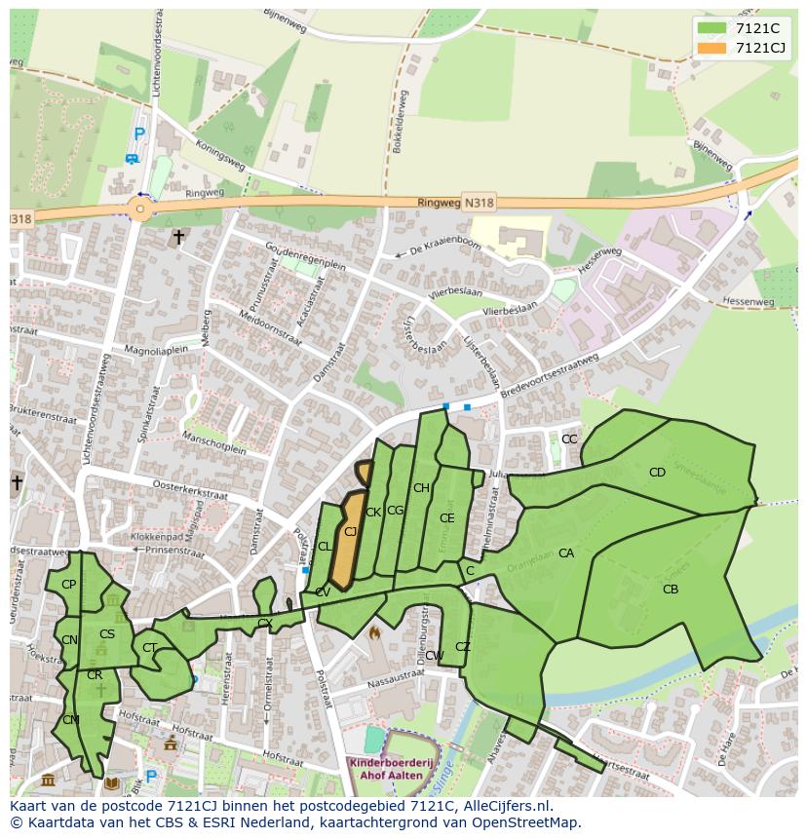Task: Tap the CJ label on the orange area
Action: [350, 532]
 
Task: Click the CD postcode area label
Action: [657, 473]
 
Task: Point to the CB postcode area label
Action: [671, 590]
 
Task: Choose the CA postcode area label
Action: [566, 553]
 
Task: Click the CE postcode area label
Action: [446, 518]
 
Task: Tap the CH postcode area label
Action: [421, 488]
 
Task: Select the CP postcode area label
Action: [68, 585]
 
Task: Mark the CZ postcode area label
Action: [463, 647]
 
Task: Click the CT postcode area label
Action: [149, 648]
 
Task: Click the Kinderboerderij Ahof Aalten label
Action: [391, 768]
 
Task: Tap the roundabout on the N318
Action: [140, 209]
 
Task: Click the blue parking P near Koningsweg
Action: [139, 134]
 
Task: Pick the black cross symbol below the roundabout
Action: [178, 237]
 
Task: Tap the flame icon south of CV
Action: [373, 632]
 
